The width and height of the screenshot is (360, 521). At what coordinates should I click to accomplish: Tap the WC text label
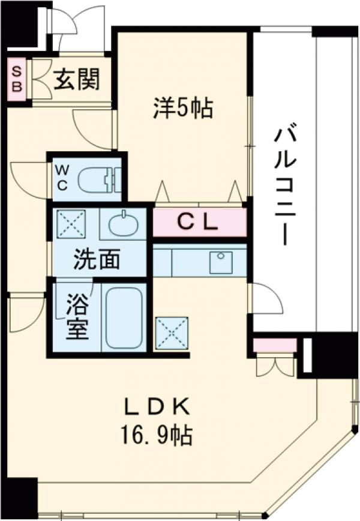point(62,178)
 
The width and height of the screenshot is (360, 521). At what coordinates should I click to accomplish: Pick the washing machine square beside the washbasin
point(71,224)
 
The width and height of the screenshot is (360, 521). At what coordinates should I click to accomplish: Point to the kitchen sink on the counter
point(221,261)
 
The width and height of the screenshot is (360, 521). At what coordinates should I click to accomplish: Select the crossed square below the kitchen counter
point(172,333)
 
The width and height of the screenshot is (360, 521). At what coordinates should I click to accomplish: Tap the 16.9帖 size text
point(157,434)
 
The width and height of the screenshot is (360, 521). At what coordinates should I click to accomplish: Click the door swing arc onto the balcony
point(266,299)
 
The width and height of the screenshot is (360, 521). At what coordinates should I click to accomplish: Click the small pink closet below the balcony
point(274,346)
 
